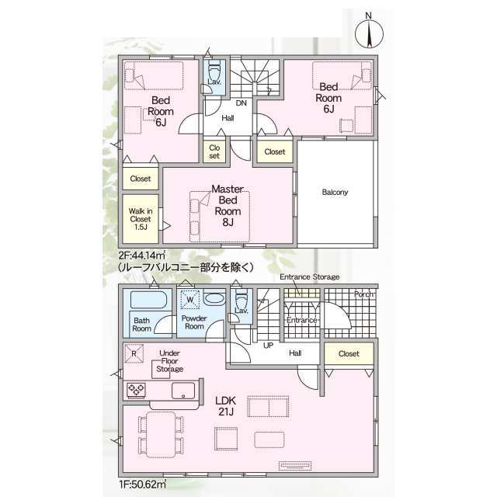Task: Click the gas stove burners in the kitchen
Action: (x=137, y=390)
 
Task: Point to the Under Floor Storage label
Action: (x=169, y=361)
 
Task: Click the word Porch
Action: (x=363, y=295)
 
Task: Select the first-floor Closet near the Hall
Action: (x=348, y=353)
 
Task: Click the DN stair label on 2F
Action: (x=242, y=103)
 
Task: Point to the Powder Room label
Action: (x=193, y=322)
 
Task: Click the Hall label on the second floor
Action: (x=228, y=118)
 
